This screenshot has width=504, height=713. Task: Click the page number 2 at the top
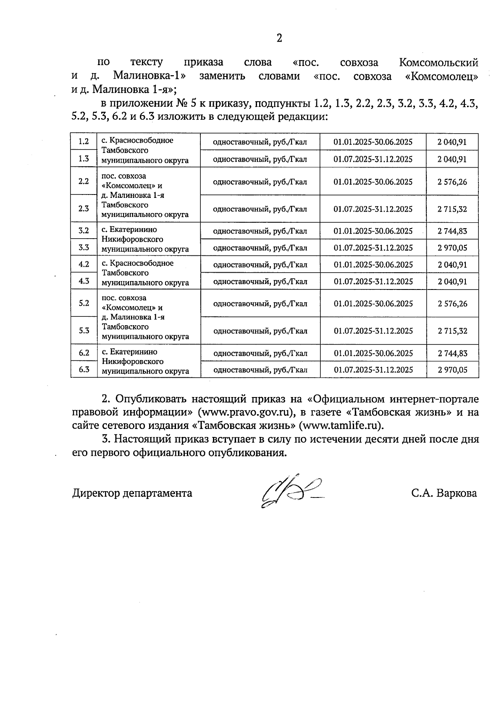point(279,38)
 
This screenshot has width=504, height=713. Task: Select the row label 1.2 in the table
point(84,141)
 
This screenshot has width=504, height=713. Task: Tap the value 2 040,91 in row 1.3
point(452,159)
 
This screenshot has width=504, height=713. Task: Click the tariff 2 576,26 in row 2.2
point(452,182)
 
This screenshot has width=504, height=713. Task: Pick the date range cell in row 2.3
point(373,209)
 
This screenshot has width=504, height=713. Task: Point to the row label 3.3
point(84,247)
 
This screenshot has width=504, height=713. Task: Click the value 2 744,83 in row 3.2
point(452,231)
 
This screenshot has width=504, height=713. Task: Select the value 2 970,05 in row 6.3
point(452,370)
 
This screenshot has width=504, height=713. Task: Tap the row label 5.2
point(84,303)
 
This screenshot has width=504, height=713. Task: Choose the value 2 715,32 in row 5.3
point(452,331)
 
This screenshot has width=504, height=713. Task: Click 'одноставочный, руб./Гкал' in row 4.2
point(260,265)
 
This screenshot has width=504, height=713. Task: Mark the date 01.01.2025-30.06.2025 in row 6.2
point(373,353)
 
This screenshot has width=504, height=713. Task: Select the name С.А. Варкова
point(444,493)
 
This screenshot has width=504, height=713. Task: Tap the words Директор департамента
point(132,493)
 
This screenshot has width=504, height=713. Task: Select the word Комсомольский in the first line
point(438,63)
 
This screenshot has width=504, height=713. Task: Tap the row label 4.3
point(84,281)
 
